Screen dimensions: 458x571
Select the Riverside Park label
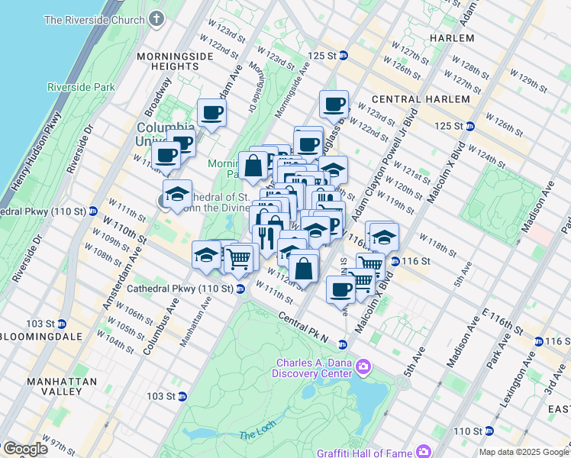[x=80, y=87]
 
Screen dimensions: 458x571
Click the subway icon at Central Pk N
[x=343, y=344]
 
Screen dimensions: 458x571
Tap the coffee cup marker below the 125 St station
[x=333, y=104]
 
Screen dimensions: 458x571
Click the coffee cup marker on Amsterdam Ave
[x=211, y=113]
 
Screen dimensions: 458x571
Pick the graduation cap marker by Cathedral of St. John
[x=177, y=194]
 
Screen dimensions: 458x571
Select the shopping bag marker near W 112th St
[x=304, y=268]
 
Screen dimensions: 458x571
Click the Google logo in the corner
[x=24, y=449]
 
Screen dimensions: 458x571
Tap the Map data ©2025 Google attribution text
[x=524, y=452]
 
